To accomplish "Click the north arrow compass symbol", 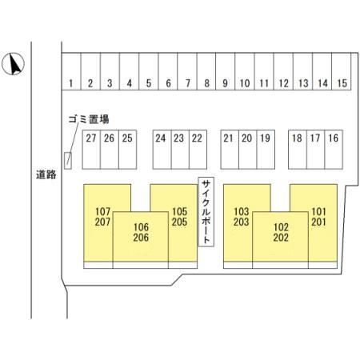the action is (13, 64).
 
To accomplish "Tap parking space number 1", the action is (71, 71).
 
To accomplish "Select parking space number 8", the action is (206, 71).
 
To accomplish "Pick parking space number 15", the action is (342, 71).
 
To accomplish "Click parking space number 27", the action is (91, 150).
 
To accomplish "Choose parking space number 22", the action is (198, 150).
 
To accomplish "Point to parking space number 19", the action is (266, 150).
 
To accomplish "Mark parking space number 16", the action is (334, 150).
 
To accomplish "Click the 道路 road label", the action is (46, 174).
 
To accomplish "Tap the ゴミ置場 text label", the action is (89, 119).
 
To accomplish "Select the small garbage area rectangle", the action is (68, 160).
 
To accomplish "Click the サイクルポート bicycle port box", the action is (206, 212).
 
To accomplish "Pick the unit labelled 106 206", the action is (141, 237).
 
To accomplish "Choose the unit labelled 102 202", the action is (280, 237).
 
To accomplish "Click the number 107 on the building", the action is (102, 212).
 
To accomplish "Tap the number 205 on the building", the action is (179, 222).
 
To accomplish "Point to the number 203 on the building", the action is (241, 222).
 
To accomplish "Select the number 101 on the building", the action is (318, 212).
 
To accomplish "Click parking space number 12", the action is (283, 71).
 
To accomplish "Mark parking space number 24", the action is (162, 150).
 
